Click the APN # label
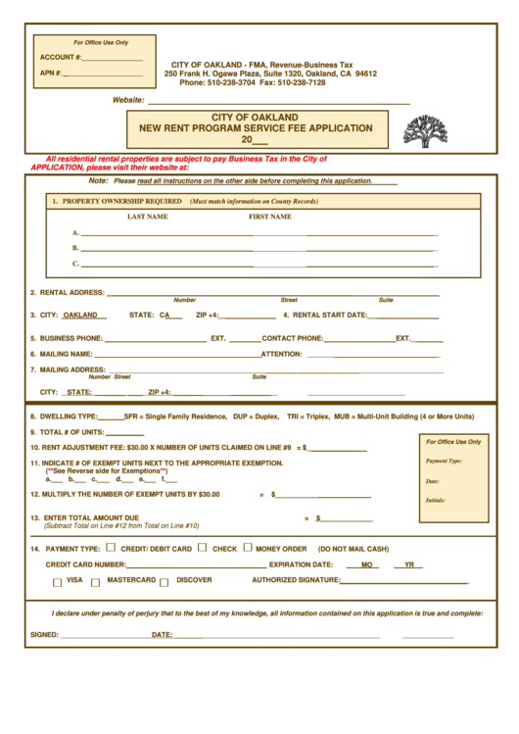(51, 73)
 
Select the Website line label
(128, 100)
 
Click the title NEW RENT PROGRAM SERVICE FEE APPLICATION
(256, 128)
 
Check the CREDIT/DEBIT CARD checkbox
(111, 548)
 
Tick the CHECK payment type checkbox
(202, 548)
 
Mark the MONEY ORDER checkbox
(247, 548)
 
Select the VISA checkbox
(57, 582)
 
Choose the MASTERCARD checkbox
(95, 582)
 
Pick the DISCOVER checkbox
(164, 582)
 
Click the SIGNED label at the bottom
(44, 635)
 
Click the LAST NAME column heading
(147, 217)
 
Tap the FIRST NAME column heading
(269, 217)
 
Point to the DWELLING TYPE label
(68, 416)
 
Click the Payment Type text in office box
(444, 461)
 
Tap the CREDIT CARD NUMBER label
(85, 564)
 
